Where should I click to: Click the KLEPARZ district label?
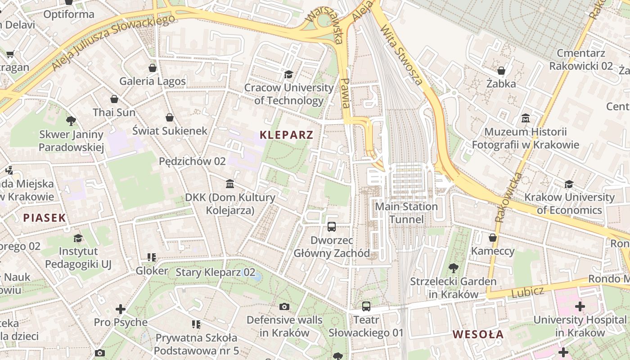[286, 135]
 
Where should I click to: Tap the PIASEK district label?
[45, 218]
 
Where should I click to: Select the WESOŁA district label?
[478, 334]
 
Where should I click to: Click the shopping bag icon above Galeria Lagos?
[153, 68]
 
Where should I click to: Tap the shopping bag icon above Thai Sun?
[114, 99]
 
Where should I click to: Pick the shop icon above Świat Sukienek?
[170, 117]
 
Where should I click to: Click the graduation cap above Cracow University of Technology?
[288, 74]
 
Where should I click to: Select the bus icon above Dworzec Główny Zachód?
[332, 227]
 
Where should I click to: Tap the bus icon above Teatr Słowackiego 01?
[366, 306]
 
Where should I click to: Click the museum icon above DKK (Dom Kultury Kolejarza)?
[230, 184]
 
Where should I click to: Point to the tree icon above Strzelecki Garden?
[453, 268]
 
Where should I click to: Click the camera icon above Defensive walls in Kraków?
[284, 307]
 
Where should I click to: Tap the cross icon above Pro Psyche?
[120, 309]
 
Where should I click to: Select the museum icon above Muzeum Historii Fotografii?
[525, 118]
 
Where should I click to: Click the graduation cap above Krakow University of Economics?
[569, 184]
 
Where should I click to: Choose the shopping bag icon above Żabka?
[501, 71]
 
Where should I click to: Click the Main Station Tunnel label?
[406, 213]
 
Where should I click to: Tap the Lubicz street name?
[527, 292]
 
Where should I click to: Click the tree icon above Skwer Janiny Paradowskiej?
[71, 121]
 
